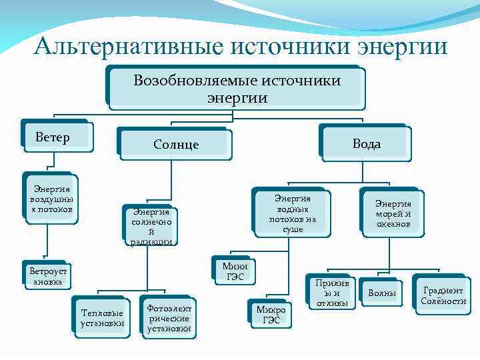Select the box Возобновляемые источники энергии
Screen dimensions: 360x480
tap(236, 89)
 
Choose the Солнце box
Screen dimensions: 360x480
tap(175, 144)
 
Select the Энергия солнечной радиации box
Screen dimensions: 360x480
tap(151, 226)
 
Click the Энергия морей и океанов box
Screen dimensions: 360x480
tap(393, 214)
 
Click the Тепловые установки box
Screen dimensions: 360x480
tap(101, 318)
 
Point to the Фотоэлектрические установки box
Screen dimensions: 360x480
tap(169, 319)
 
